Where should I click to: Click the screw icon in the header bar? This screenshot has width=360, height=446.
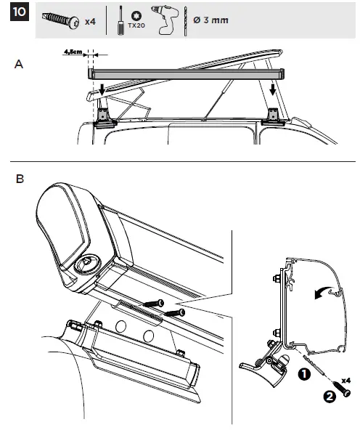click(x=62, y=20)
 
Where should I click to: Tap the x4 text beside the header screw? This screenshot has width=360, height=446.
click(x=90, y=22)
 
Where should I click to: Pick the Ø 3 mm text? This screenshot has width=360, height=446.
click(x=210, y=20)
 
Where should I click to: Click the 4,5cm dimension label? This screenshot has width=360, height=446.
click(x=73, y=52)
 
